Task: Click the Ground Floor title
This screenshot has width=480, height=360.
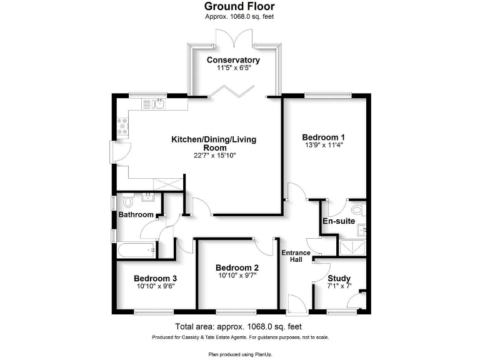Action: coord(239,6)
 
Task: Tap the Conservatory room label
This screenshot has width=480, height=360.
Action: coord(233,61)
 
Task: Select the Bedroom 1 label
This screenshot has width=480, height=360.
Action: coord(324,137)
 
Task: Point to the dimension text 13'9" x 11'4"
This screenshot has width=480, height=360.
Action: coord(323,145)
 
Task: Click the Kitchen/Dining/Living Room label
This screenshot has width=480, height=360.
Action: coord(214,143)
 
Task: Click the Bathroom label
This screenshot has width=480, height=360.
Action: coord(136,215)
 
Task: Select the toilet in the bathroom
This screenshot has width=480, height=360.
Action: coord(128,201)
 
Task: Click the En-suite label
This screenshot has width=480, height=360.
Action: coord(338,221)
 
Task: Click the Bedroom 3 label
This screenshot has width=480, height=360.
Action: coord(156,279)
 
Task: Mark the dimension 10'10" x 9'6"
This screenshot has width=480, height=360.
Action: coord(156,287)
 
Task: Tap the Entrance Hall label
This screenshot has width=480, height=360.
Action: coord(295,256)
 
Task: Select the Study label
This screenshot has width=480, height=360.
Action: coord(339,279)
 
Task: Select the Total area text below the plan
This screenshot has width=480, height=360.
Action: coord(239,327)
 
